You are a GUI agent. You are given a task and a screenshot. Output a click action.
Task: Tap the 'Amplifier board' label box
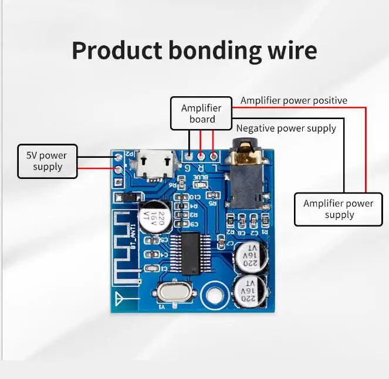(x=201, y=113)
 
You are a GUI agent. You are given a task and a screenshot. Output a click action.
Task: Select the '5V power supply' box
(x=47, y=161)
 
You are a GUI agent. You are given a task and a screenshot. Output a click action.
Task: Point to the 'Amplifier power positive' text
(x=293, y=100)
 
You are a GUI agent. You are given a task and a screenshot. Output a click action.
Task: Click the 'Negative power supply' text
(x=286, y=128)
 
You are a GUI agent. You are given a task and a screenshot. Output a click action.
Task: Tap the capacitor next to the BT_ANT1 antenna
(x=155, y=215)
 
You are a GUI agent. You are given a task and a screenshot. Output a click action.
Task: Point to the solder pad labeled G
(x=188, y=157)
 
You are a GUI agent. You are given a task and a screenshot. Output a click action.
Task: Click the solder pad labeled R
(x=201, y=157)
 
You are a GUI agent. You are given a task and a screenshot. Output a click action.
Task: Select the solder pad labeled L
(x=214, y=157)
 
